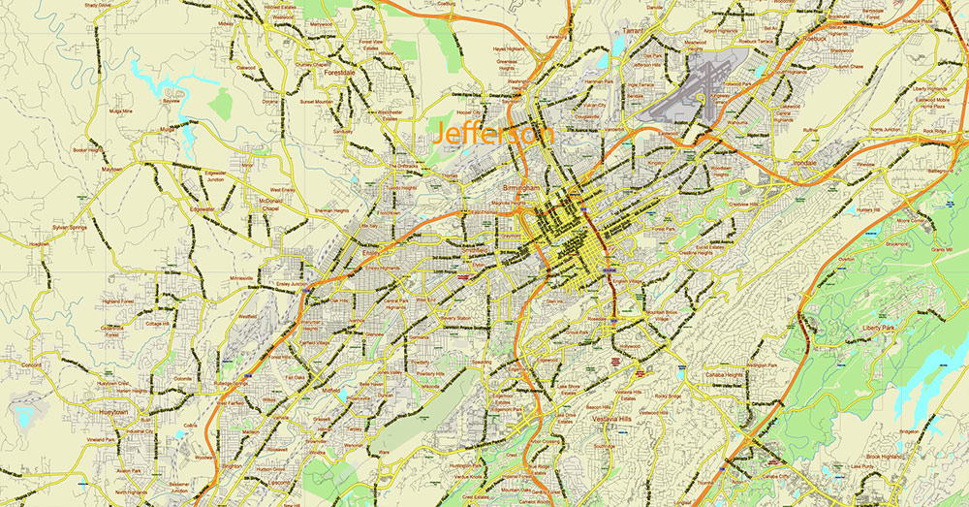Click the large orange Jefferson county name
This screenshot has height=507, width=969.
click(x=495, y=134)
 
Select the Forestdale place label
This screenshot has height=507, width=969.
click(x=347, y=71)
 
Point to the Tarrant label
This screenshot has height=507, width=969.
click(x=634, y=31)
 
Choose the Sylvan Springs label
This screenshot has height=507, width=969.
click(x=71, y=227)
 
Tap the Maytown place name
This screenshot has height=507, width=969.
click(x=112, y=169)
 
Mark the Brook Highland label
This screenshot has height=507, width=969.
click(x=886, y=456)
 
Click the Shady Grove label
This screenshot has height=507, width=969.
click(x=98, y=5)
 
